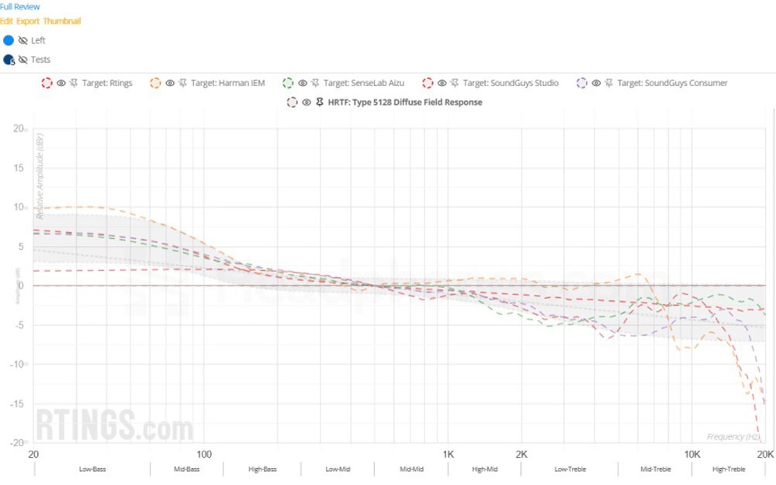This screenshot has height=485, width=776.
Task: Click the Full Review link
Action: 20,7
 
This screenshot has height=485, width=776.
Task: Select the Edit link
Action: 7,21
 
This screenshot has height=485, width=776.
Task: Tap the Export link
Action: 28,21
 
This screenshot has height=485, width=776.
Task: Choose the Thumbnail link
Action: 62,21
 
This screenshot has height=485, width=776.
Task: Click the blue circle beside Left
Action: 9,40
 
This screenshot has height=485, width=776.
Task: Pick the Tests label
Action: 40,60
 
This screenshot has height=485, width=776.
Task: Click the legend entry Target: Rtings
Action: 107,83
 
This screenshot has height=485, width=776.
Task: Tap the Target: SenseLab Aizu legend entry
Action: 363,83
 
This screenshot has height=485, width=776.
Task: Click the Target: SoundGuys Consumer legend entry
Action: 672,83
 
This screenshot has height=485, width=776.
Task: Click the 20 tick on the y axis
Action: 19,129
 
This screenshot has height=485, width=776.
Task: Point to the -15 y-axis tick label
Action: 16,404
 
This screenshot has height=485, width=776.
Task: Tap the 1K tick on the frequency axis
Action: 448,454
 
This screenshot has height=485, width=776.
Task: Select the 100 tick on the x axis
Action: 204,454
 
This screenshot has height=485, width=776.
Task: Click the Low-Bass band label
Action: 92,469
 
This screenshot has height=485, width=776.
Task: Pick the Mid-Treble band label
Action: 655,469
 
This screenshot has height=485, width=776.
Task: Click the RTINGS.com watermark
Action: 114,427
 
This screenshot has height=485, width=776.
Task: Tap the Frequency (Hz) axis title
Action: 733,437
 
